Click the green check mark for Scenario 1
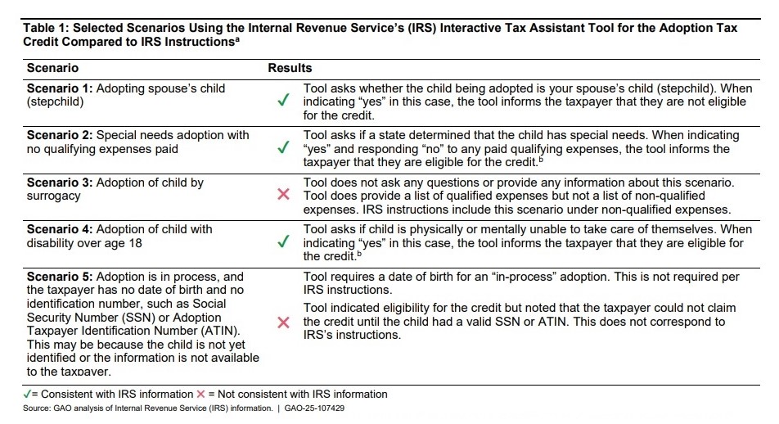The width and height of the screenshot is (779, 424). (x=282, y=101)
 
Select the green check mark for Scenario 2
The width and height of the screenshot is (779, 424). (x=282, y=148)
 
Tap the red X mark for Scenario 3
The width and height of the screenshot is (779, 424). (x=283, y=195)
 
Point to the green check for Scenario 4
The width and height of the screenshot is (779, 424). (x=282, y=242)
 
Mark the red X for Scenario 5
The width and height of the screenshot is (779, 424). (x=283, y=323)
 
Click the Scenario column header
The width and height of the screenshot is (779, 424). (x=52, y=68)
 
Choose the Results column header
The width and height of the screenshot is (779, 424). (x=290, y=68)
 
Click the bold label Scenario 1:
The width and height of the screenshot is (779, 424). (x=60, y=88)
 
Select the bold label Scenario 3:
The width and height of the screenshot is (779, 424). (x=60, y=183)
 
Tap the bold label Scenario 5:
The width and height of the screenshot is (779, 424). (x=60, y=277)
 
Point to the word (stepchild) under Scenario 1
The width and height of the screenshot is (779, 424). (x=55, y=101)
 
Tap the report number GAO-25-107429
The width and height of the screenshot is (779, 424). (x=315, y=407)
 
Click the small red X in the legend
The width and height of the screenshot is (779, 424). (x=201, y=394)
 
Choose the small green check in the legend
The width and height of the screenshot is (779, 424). (x=27, y=394)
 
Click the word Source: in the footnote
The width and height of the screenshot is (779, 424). (x=36, y=407)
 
